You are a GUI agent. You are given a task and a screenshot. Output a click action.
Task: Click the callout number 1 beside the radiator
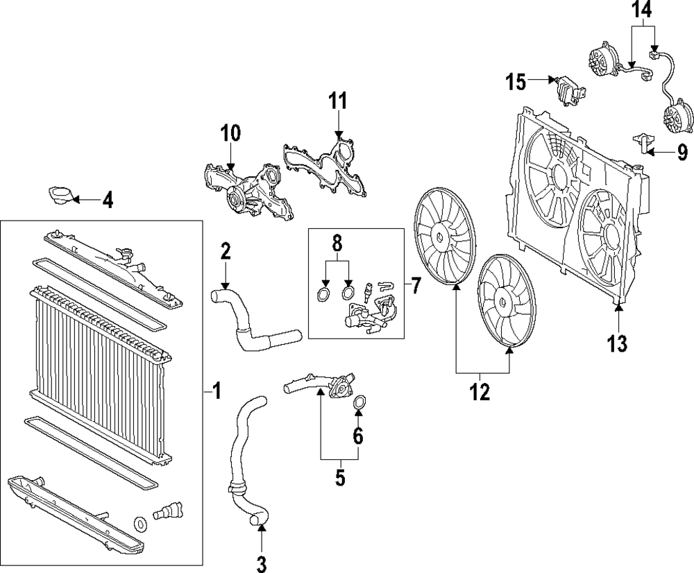(x=217, y=392)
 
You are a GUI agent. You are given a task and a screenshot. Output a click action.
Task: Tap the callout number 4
(x=107, y=202)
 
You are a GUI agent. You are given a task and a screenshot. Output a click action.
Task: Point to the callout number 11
(x=337, y=101)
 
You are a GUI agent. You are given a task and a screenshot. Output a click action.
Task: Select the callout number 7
(x=415, y=284)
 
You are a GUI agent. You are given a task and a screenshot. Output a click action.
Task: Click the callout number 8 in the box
(x=337, y=243)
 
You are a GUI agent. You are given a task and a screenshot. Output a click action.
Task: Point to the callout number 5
(x=340, y=478)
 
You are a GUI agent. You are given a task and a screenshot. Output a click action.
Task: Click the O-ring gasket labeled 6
(x=360, y=402)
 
